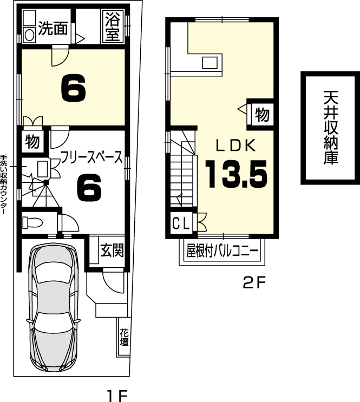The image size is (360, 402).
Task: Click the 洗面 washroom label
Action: click(53, 28)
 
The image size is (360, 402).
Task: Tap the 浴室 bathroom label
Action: click(113, 26)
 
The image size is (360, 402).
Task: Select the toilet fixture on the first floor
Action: click(32, 222)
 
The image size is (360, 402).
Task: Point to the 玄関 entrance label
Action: click(112, 250)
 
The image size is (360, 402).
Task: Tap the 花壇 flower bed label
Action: click(124, 338)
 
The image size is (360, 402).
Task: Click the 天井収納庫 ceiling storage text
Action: click(331, 128)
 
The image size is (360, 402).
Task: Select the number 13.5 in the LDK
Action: click(237, 174)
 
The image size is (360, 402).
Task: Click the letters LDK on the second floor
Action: click(235, 145)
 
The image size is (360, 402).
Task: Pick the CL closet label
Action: click(181, 223)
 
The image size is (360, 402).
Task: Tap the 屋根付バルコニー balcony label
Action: click(222, 251)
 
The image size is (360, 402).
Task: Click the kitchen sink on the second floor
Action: click(210, 63)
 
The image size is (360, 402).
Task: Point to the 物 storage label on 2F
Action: click(262, 114)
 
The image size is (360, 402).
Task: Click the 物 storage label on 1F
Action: click(32, 142)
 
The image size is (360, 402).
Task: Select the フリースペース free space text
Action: click(91, 157)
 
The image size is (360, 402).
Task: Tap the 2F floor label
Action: click(254, 282)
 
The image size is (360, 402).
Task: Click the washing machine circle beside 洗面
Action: click(30, 35)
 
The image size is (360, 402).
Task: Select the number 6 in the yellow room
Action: click(74, 88)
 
